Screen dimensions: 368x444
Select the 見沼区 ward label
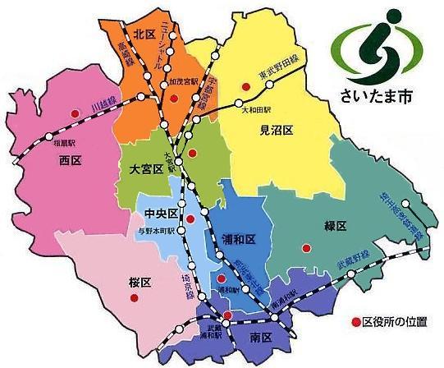276,131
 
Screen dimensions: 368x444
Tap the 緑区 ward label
336,224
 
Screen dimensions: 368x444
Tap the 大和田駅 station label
254,115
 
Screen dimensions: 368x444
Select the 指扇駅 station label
65,142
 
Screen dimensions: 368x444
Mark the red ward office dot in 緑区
306,247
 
